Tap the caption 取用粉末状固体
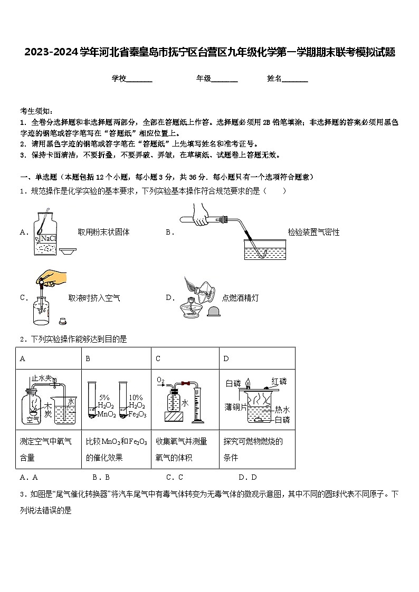[103, 232]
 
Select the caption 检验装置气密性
[313, 232]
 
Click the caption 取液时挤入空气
[94, 298]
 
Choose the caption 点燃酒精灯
[240, 298]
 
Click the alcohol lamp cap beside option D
[214, 312]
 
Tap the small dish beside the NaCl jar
[68, 251]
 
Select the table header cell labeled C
[158, 359]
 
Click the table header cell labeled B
[88, 359]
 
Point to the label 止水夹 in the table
[41, 378]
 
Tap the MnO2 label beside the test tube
[106, 414]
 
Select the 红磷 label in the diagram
[279, 381]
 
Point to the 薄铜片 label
[235, 407]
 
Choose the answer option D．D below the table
[247, 478]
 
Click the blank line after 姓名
[295, 79]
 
